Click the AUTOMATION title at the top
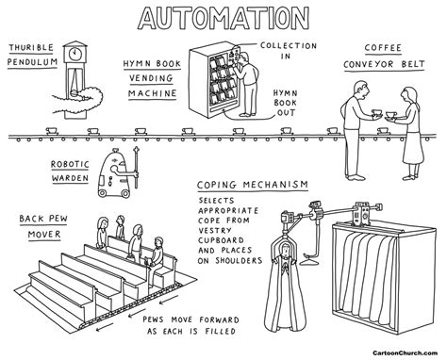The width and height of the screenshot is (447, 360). pos(223,17)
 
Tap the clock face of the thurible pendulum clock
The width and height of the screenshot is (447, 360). pos(75,54)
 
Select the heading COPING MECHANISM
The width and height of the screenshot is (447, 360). pos(254,186)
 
